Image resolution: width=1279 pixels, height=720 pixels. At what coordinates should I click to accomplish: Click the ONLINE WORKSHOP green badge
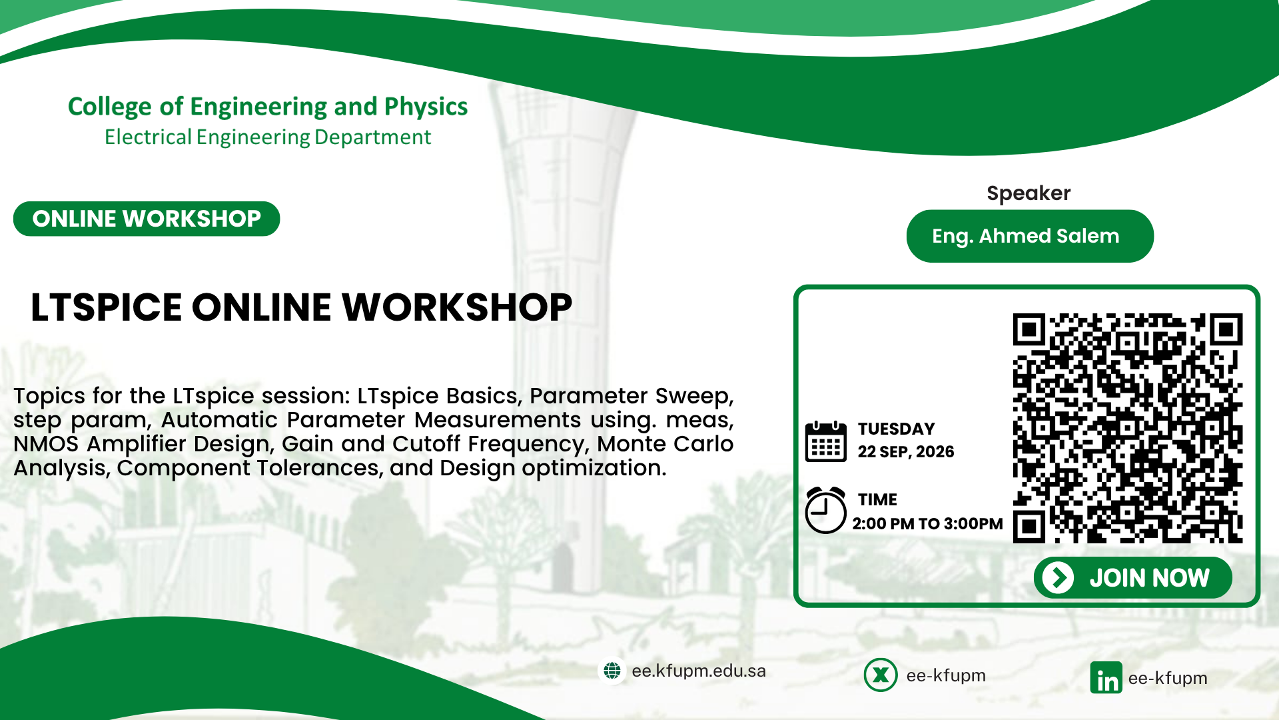coord(147,219)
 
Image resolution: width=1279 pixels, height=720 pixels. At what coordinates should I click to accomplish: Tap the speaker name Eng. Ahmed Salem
coord(1025,236)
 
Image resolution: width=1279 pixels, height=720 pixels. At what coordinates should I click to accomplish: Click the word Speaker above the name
coord(1029,193)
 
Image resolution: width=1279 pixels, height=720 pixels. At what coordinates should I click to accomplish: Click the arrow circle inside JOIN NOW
coord(1058,577)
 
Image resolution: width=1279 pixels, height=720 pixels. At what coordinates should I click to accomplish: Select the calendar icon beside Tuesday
coord(825,441)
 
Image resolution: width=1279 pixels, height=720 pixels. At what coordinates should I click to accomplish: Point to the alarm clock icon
coord(825,510)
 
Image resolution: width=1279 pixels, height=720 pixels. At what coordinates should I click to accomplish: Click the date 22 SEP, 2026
coord(906,452)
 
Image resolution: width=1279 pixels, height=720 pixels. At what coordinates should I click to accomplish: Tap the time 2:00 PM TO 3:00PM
coord(927,524)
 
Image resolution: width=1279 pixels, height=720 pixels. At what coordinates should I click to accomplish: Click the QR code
coord(1128,428)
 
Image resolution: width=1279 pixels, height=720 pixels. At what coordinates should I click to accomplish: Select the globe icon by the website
coord(612,671)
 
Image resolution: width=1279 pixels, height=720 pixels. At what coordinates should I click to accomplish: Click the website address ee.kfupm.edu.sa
coord(699,671)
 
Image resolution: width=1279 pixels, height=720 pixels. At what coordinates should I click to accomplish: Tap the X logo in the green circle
coord(881,675)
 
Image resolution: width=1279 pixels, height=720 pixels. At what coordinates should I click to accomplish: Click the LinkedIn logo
coord(1106,678)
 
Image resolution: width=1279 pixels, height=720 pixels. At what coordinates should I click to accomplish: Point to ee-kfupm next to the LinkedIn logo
coord(1168,678)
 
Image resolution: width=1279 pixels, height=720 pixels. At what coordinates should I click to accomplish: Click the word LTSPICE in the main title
coord(106,307)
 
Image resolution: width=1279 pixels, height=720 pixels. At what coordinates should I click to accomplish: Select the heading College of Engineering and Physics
coord(268,107)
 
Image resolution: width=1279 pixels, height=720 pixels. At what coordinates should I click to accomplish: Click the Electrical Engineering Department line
coord(268,137)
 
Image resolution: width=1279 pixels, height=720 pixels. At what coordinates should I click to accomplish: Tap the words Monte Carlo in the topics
coord(665,444)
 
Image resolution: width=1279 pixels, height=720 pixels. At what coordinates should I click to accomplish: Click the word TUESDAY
coord(896,429)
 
